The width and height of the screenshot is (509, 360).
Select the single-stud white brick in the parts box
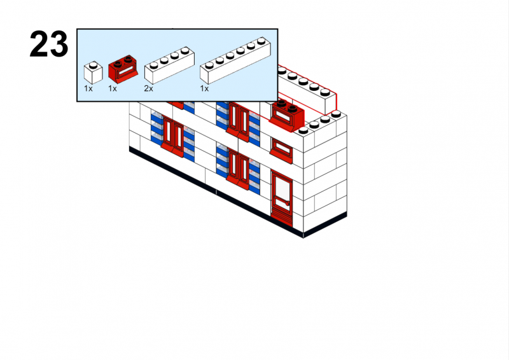93,73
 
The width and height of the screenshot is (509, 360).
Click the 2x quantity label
148,89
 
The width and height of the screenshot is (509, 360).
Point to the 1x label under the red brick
113,89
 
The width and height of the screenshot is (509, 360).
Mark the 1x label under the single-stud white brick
88,89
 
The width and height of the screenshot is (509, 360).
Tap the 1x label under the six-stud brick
204,89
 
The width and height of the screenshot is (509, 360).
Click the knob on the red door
288,204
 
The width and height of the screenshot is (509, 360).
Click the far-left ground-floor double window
172,135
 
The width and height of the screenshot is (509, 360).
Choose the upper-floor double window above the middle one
239,120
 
